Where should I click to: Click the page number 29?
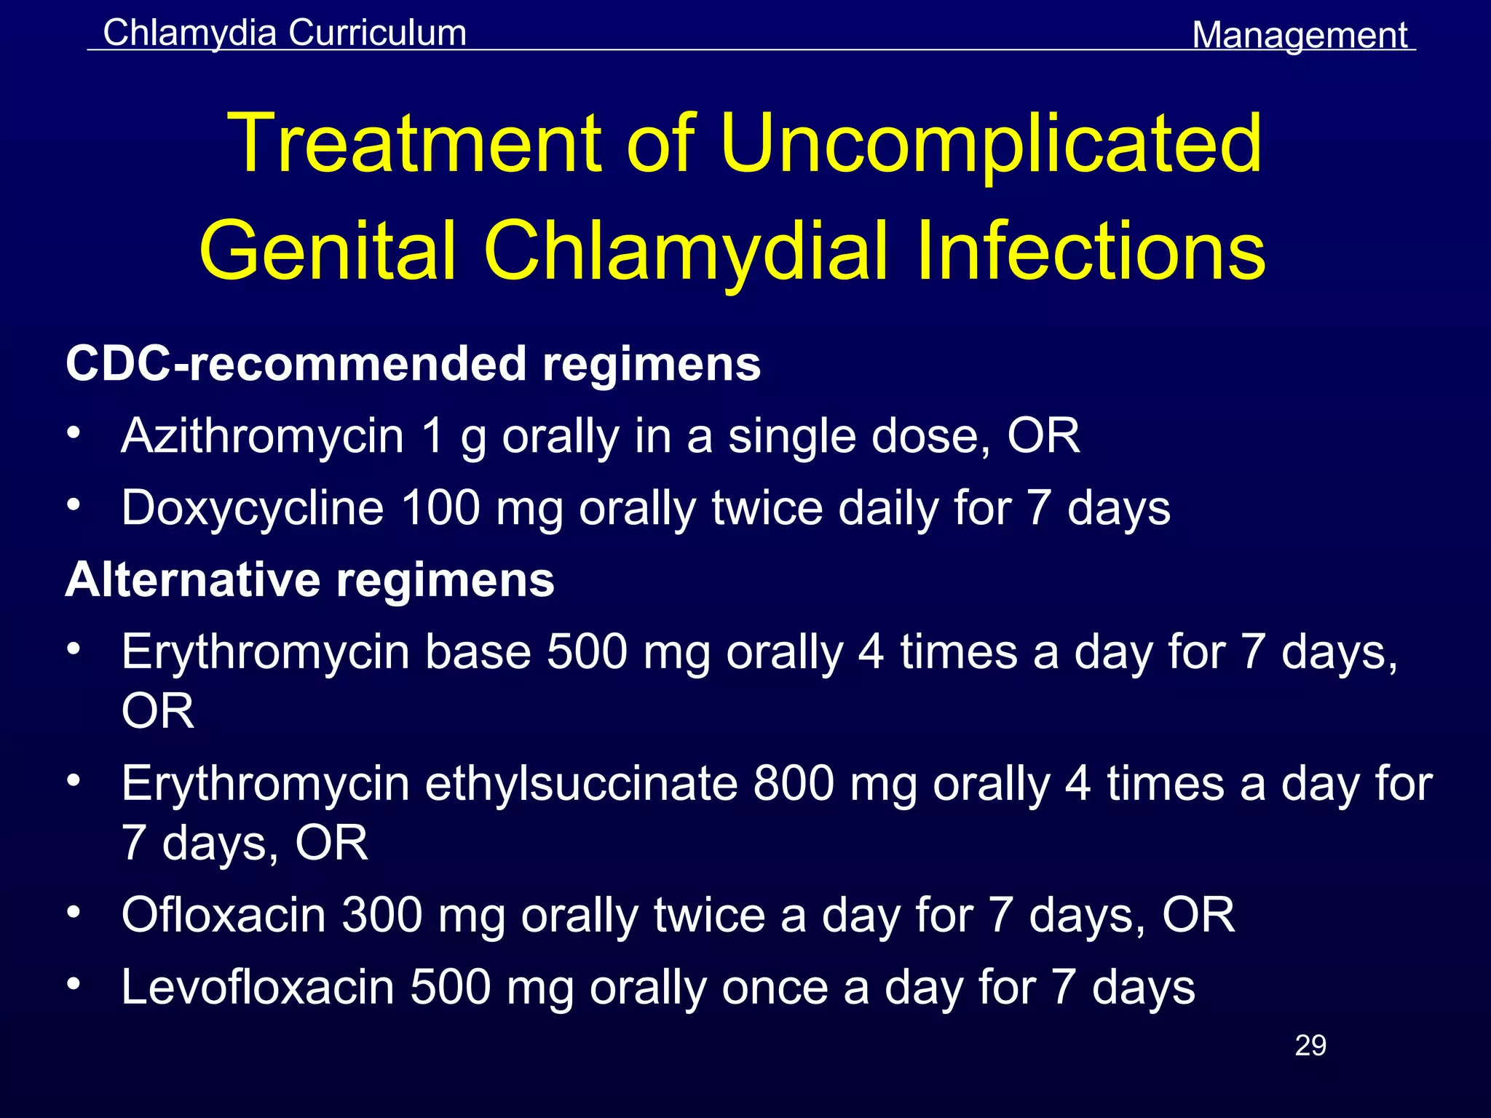tap(1310, 1045)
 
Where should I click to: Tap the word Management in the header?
tap(1300, 35)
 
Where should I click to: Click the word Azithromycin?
tap(262, 436)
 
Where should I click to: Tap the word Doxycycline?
tap(252, 507)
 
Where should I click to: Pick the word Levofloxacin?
tap(257, 987)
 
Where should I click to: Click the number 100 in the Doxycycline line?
tap(440, 507)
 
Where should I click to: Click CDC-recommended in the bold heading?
tap(296, 363)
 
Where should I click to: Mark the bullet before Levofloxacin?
tap(73, 984)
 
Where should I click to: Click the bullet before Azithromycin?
tap(73, 433)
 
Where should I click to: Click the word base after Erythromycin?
tap(478, 651)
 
